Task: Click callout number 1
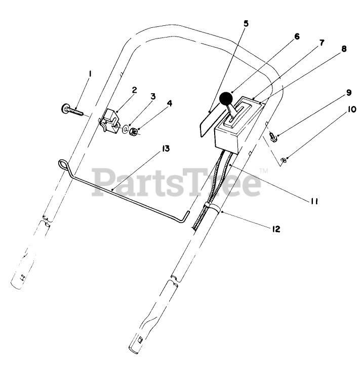(x=90, y=74)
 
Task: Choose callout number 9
(x=246, y=23)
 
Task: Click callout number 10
(x=296, y=36)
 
